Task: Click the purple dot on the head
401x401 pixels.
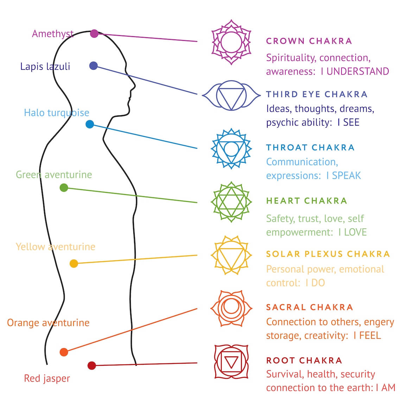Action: click(94, 33)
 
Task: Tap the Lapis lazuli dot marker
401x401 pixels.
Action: click(93, 66)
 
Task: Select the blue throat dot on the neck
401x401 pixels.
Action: click(90, 124)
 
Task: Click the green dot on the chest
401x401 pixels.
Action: click(64, 187)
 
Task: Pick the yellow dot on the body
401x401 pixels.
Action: click(74, 263)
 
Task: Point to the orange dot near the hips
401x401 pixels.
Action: click(64, 352)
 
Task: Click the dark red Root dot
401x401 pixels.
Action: click(91, 365)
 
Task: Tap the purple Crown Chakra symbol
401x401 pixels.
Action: click(231, 42)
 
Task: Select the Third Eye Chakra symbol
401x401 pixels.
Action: click(231, 95)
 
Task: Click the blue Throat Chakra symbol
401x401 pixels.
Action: click(231, 148)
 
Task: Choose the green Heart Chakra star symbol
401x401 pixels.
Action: click(231, 202)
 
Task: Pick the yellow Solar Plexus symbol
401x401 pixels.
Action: click(231, 255)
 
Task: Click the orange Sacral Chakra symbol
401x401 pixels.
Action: click(231, 308)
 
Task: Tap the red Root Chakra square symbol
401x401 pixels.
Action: click(231, 362)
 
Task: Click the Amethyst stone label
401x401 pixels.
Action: click(53, 34)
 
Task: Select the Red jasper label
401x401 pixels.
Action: click(47, 378)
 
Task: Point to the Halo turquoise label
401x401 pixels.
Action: click(56, 113)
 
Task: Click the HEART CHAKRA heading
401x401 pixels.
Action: click(306, 201)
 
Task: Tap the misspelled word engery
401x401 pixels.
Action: click(379, 322)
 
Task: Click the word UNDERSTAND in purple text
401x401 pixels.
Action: click(358, 71)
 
